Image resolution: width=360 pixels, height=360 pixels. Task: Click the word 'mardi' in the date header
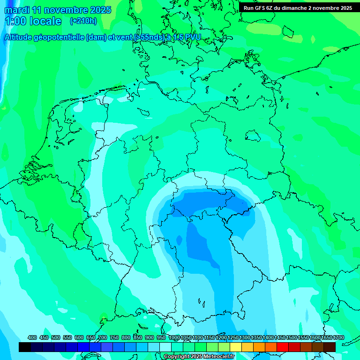[17, 10]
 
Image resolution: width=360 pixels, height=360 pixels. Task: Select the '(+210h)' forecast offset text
[83, 21]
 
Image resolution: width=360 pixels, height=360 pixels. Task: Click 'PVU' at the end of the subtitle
[192, 37]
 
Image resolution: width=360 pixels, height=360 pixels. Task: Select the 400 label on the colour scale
[32, 337]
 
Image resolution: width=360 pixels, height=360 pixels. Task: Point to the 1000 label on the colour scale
[174, 337]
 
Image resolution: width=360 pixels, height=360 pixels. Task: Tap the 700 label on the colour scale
[103, 337]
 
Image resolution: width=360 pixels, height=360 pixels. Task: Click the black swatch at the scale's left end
[24, 347]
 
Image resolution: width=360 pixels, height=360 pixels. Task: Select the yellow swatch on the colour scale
[236, 347]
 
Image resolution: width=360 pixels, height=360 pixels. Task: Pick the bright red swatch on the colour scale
[283, 347]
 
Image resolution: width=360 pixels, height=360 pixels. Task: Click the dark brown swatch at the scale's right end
[330, 347]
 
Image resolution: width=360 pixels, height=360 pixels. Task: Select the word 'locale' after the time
[45, 21]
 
